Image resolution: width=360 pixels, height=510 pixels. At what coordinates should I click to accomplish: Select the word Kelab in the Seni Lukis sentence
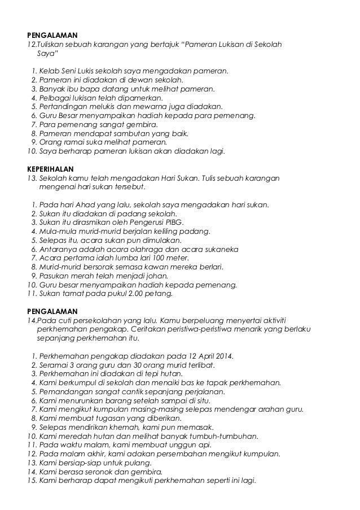tap(49, 72)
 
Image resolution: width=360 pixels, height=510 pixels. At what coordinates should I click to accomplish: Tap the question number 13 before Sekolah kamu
tap(32, 177)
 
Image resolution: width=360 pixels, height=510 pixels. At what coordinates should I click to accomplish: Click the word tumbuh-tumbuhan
tap(227, 436)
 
